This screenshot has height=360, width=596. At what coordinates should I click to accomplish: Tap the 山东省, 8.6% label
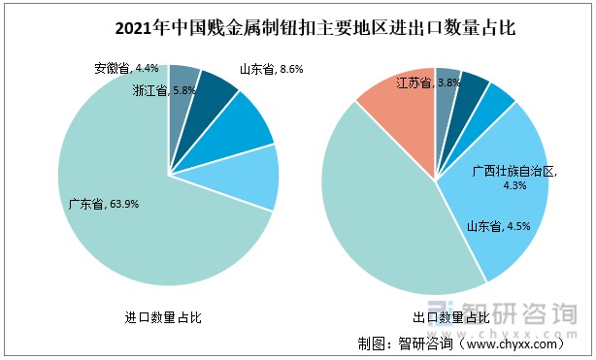tap(271, 69)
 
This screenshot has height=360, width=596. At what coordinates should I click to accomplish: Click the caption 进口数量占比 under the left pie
tap(163, 317)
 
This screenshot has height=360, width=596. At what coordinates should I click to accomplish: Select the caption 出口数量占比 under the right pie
tap(449, 317)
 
